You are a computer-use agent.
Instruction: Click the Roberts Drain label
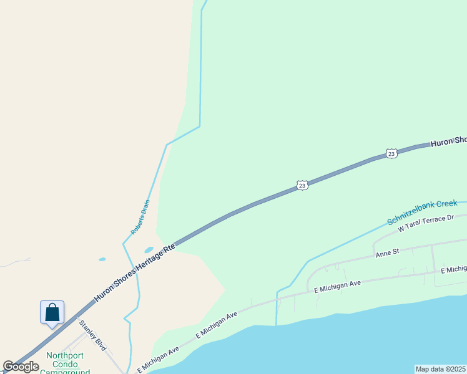[140, 217]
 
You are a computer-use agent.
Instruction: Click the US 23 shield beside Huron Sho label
[391, 153]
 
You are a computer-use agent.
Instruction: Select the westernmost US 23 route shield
[302, 185]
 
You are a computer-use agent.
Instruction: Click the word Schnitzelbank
[410, 213]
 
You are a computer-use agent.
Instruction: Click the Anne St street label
[386, 254]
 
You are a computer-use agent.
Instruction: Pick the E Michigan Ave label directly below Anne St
[338, 287]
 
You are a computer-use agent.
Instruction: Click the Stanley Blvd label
[93, 333]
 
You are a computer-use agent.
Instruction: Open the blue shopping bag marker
[52, 312]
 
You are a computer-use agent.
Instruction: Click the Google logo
[21, 367]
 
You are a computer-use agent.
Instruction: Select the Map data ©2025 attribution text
[441, 369]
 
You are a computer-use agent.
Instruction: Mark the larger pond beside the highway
[149, 250]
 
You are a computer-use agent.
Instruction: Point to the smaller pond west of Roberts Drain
[102, 259]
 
